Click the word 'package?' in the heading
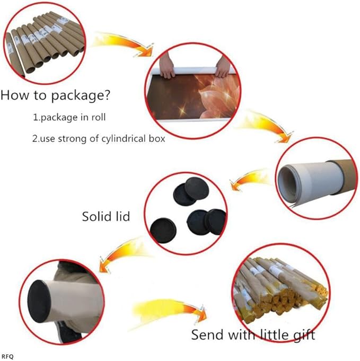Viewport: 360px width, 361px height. (81, 95)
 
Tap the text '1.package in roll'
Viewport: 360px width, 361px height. (69, 117)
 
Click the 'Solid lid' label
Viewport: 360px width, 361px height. (106, 216)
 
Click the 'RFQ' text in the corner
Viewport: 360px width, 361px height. (7, 357)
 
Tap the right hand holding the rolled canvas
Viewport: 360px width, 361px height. (223, 66)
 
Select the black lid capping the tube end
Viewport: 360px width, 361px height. (39, 301)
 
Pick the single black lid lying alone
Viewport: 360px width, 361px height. (163, 231)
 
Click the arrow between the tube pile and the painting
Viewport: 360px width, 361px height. (125, 44)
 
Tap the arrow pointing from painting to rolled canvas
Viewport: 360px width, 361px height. (267, 125)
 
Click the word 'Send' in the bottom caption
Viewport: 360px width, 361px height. (208, 334)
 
